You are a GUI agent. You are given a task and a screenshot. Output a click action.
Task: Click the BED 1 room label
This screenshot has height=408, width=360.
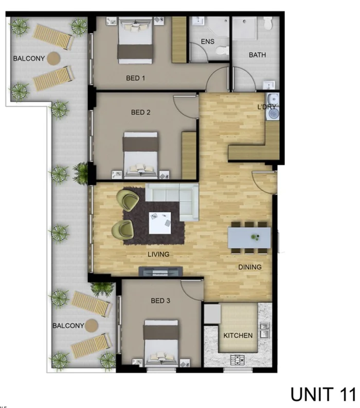pos(136,79)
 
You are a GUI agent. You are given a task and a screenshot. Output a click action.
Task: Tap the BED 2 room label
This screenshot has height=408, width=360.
pos(141,113)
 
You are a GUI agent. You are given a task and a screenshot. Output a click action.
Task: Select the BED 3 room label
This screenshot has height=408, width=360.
pos(160,301)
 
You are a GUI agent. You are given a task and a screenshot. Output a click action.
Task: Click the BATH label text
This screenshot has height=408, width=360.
pos(257,55)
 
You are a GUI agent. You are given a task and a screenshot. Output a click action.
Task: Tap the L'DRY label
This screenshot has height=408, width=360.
pos(266,107)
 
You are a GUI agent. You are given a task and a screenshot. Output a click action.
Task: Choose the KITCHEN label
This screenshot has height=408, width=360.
pos(238,336)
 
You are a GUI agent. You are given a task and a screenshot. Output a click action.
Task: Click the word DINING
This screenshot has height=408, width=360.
pos(249,267)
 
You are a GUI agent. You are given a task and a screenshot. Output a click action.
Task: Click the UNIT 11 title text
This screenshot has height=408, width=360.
pos(322,394)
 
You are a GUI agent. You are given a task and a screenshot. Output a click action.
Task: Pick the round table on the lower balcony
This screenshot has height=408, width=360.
pos(92,326)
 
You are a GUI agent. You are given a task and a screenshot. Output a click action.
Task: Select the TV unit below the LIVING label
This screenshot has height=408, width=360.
pos(161,271)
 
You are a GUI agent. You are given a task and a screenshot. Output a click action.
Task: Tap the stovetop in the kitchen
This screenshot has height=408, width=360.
pos(239,360)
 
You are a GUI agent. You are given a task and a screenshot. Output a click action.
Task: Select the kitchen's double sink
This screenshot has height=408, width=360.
pos(264,330)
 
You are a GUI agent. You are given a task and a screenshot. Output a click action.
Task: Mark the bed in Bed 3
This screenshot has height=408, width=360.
pos(160,342)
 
